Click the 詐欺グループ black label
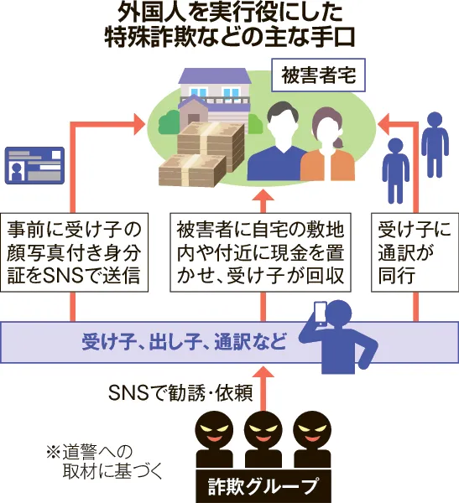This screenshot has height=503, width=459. [x=263, y=485]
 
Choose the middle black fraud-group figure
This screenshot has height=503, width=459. [x=263, y=440]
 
